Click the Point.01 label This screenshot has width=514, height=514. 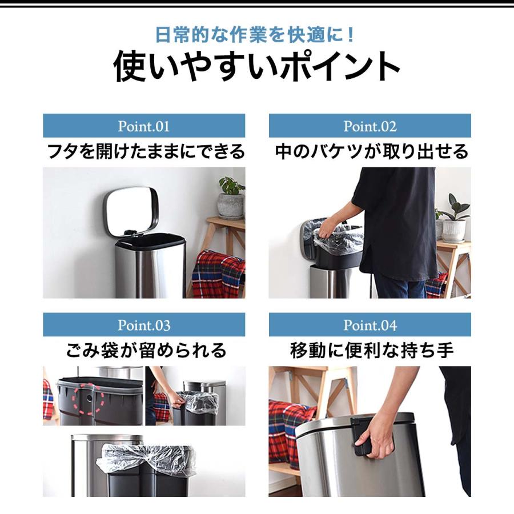143,126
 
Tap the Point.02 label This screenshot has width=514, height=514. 370,126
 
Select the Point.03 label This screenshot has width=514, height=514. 143,326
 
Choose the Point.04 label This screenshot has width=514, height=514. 370,326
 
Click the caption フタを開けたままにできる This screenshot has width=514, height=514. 145,152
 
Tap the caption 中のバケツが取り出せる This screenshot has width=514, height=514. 371,152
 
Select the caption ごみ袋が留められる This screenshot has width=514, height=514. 145,350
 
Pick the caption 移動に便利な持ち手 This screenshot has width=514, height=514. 371,350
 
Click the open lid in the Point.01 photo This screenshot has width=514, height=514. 131,210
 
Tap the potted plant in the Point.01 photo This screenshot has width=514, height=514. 231,197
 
